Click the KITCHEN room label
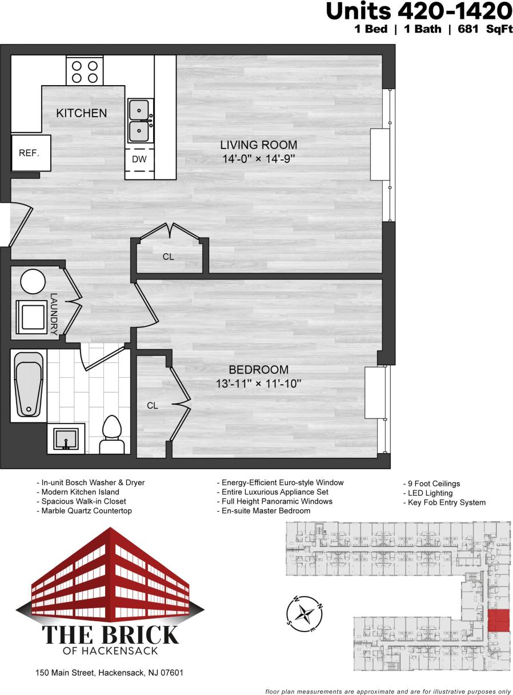(81, 113)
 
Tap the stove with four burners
(85, 71)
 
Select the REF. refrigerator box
(29, 153)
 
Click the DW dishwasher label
(139, 159)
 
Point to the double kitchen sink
(140, 120)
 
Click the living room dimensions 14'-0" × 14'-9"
(259, 159)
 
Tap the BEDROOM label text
(259, 370)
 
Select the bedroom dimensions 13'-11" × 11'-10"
(259, 384)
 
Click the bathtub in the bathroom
(29, 385)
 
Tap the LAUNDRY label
(54, 313)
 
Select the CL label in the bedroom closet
(152, 406)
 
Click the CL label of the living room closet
(168, 257)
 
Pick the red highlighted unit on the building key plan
(498, 621)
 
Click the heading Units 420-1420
(418, 11)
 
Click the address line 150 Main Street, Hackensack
(109, 673)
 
